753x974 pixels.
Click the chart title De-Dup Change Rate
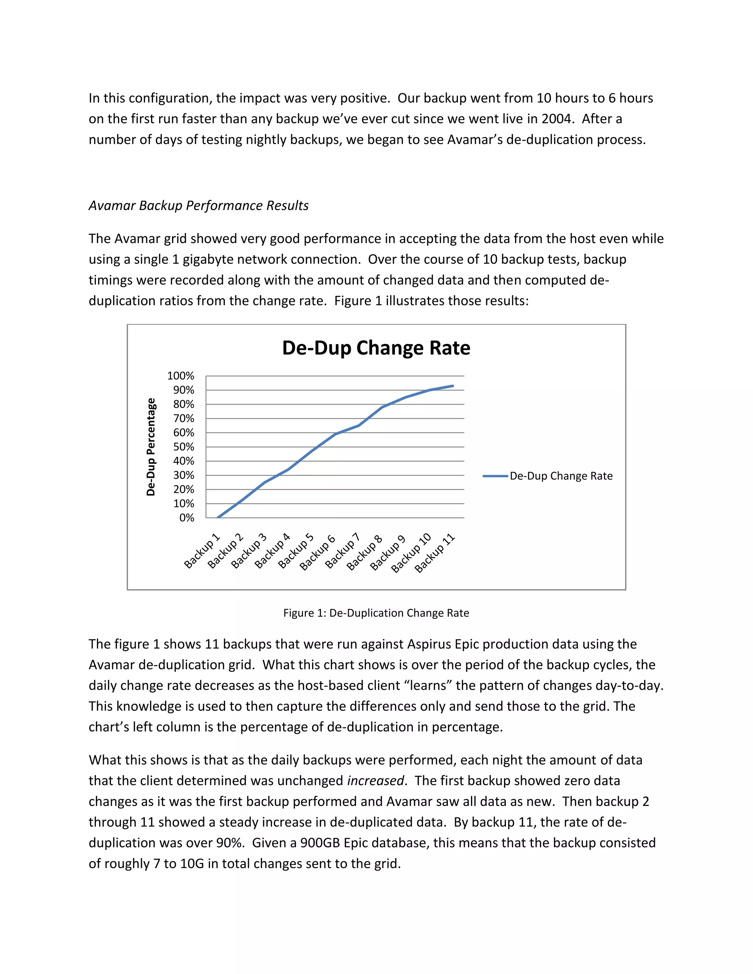click(x=376, y=348)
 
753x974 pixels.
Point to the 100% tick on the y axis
click(x=181, y=376)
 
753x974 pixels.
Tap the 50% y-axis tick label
click(x=183, y=447)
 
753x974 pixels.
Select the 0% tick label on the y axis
click(x=186, y=518)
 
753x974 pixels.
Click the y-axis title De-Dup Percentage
click(x=151, y=447)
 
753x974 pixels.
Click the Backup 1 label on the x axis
click(x=202, y=551)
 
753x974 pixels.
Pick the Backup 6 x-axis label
click(x=317, y=552)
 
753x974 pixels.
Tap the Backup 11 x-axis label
click(x=435, y=553)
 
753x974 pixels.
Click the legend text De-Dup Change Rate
click(x=561, y=476)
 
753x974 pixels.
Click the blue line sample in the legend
click(x=495, y=476)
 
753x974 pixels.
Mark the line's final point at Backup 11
click(x=453, y=386)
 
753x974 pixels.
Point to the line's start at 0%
click(x=218, y=518)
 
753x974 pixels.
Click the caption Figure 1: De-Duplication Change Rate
click(x=376, y=613)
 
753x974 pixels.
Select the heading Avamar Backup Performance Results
click(x=199, y=205)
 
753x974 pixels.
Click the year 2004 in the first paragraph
click(x=557, y=119)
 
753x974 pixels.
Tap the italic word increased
click(x=375, y=781)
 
